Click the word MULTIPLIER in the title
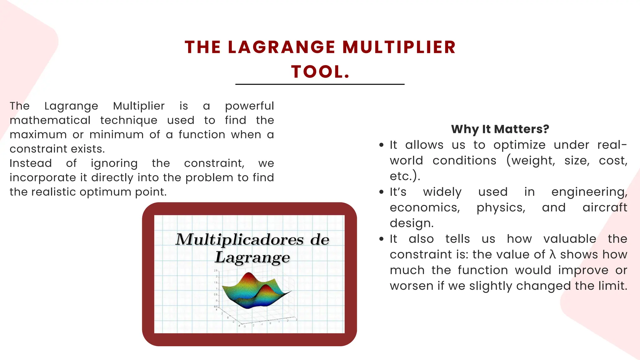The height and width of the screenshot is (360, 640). tap(399, 47)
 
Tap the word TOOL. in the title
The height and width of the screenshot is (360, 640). tap(320, 72)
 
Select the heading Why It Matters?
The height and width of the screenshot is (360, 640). tap(500, 129)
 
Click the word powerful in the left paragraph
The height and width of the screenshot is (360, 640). tap(249, 106)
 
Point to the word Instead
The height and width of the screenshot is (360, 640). tap(31, 163)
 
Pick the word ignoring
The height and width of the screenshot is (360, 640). tap(114, 163)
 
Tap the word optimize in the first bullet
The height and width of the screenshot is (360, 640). tap(519, 145)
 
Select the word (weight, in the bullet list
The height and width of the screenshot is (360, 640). tap(531, 161)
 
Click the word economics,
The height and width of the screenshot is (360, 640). tap(425, 207)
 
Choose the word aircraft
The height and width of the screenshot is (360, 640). tap(605, 207)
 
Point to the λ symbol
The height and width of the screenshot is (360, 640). tap(552, 254)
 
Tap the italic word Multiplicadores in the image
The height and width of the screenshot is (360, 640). tap(239, 240)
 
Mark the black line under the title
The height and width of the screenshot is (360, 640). tap(320, 84)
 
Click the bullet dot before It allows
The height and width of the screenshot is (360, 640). tap(381, 145)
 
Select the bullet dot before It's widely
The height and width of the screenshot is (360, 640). tap(381, 192)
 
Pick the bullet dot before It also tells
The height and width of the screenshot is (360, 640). tap(381, 239)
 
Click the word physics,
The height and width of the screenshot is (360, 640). tap(501, 208)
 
